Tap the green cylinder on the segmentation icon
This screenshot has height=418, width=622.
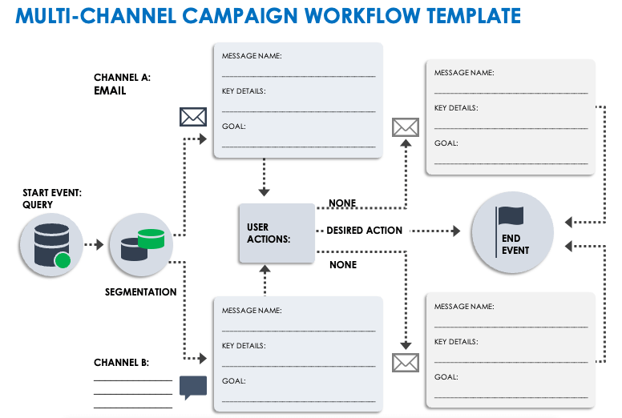tap(151, 238)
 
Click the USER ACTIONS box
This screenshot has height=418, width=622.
tap(277, 233)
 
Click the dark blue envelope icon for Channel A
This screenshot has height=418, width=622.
tap(192, 117)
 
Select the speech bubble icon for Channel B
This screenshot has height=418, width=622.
tap(193, 387)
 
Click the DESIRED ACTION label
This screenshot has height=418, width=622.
tap(365, 231)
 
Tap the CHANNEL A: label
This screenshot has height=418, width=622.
tap(122, 78)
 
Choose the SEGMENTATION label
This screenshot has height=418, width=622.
tap(140, 292)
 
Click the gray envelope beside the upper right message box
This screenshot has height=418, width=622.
tap(406, 127)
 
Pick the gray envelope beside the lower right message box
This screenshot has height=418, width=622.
tap(406, 363)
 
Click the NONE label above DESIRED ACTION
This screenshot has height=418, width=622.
tap(342, 203)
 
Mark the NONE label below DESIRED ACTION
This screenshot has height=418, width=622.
tap(342, 265)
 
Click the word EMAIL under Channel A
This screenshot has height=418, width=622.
tap(110, 91)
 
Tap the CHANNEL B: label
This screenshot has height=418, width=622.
tap(121, 363)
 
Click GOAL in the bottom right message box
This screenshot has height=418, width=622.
tap(446, 376)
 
